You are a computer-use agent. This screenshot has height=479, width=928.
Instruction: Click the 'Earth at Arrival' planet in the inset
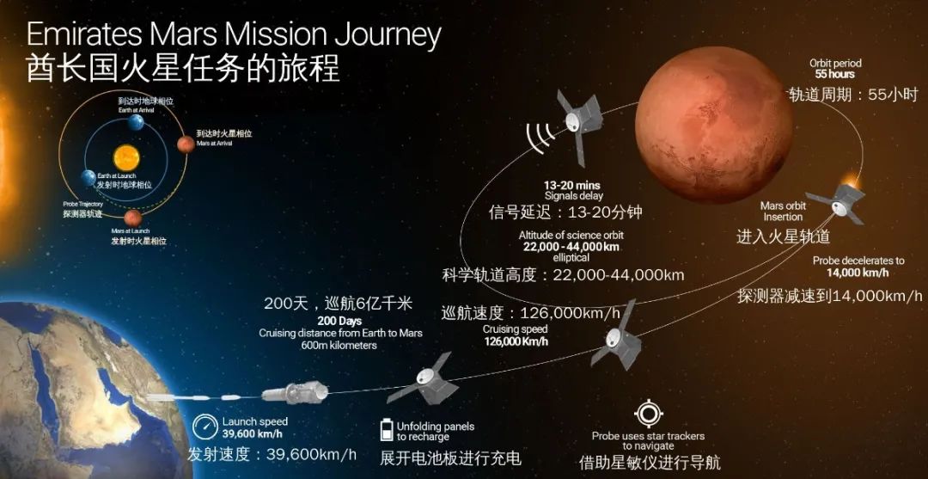click(135, 123)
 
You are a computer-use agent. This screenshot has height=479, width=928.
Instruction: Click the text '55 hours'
click(835, 75)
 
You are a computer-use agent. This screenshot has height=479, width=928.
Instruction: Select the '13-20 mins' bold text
click(572, 185)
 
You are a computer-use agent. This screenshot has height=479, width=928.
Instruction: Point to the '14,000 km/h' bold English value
click(857, 273)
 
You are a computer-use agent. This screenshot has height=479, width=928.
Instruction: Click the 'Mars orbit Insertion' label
click(783, 212)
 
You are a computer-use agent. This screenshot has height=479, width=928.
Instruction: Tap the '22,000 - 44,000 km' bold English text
click(571, 246)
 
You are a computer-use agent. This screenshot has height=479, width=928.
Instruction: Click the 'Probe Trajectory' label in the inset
click(82, 204)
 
